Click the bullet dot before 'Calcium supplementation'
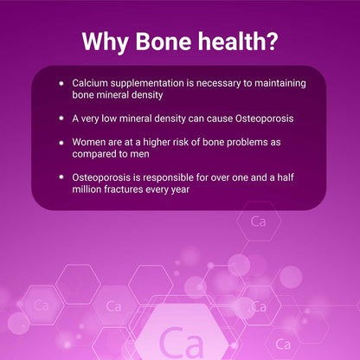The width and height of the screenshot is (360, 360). pyautogui.click(x=61, y=81)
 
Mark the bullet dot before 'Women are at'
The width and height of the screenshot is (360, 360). pyautogui.click(x=61, y=141)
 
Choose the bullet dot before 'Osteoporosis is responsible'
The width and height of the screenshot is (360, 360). pyautogui.click(x=61, y=177)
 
